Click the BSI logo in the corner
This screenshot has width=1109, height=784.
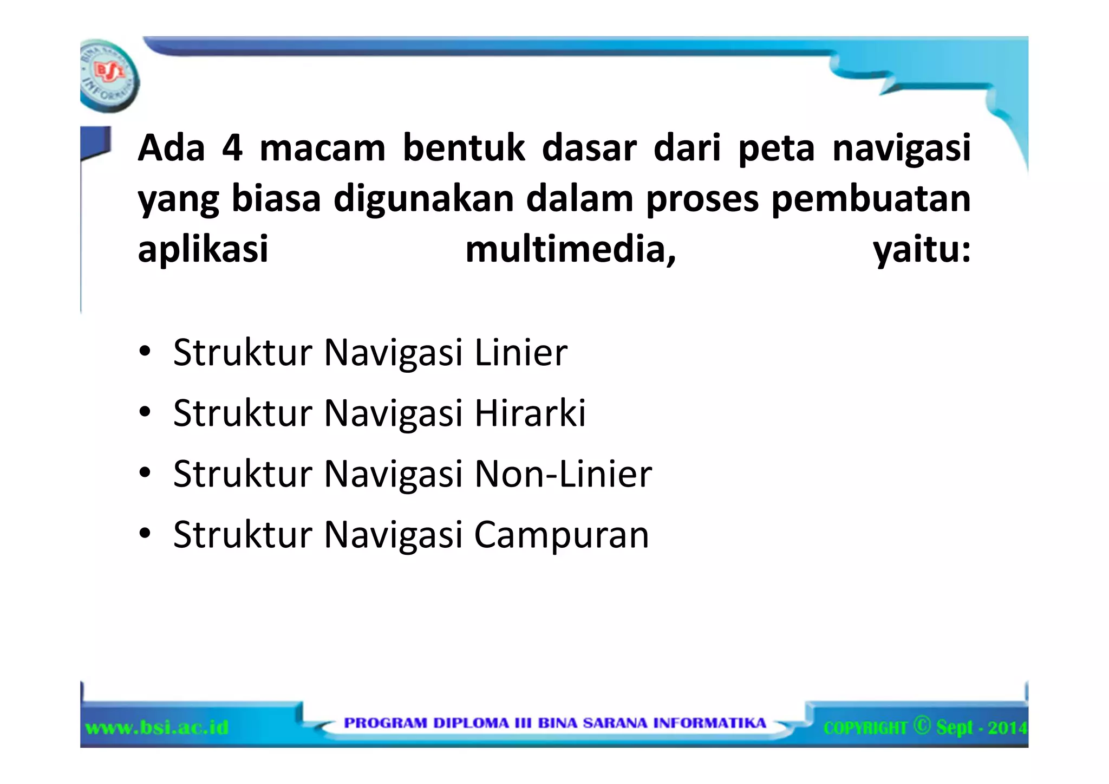(109, 75)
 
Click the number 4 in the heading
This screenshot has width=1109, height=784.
(232, 148)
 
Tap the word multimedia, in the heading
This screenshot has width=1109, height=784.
(571, 250)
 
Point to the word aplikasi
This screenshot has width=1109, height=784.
(203, 250)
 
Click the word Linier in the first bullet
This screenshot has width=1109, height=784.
(521, 353)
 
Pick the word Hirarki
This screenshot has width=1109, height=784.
(530, 413)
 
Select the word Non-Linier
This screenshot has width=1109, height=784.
(563, 474)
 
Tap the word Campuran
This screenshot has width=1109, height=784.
(562, 535)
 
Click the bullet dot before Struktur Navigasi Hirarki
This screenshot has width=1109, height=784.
(145, 413)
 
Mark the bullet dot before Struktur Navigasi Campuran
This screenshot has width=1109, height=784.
(145, 534)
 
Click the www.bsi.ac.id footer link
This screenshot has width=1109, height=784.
(157, 727)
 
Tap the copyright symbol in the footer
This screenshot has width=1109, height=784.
(922, 725)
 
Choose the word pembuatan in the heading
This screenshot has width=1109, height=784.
(871, 199)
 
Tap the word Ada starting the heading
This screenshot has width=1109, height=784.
(172, 148)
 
